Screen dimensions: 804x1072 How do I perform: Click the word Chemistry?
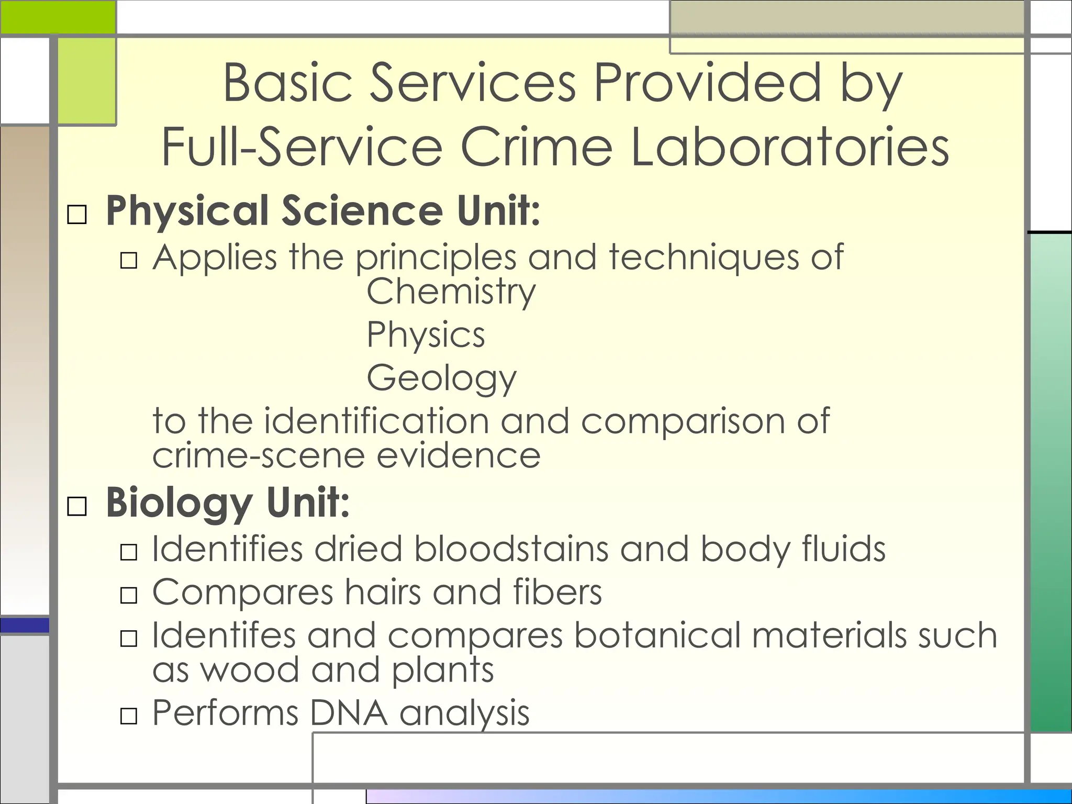[x=451, y=292]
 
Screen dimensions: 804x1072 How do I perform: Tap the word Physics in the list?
[x=426, y=335]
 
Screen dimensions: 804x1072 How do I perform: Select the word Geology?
[x=441, y=378]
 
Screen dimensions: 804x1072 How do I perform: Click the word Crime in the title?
[x=537, y=147]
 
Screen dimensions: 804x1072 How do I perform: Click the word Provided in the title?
[x=707, y=83]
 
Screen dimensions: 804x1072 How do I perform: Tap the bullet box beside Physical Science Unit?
[x=77, y=215]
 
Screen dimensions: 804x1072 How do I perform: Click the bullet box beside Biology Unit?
[x=77, y=506]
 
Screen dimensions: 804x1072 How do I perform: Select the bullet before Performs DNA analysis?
[x=129, y=716]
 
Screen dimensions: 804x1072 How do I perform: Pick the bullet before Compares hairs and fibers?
[x=129, y=595]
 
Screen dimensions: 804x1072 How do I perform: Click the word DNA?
[x=348, y=713]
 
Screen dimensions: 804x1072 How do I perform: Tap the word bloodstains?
[x=511, y=549]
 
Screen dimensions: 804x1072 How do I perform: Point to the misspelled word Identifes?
[x=224, y=635]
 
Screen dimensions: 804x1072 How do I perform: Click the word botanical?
[x=657, y=635]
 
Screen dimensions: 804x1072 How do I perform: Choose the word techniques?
[x=703, y=258]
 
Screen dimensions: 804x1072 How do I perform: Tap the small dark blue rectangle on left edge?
[x=25, y=625]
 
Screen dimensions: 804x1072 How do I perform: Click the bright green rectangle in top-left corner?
[x=58, y=17]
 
